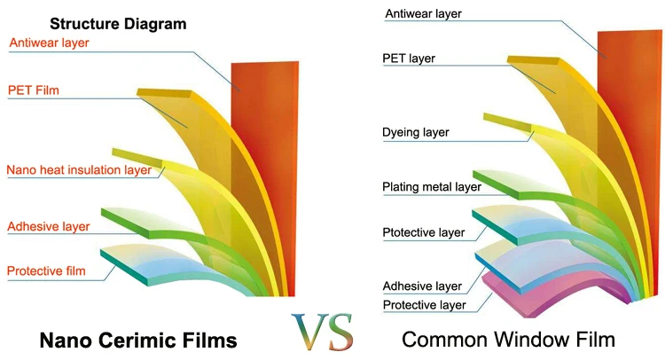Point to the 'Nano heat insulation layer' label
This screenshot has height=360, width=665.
(x=78, y=169)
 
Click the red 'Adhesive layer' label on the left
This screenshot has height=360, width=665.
(x=49, y=226)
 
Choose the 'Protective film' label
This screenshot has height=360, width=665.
(x=46, y=270)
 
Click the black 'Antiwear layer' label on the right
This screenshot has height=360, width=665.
(x=424, y=13)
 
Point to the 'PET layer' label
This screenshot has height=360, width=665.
(x=409, y=59)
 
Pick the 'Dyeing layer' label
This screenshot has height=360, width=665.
(x=416, y=132)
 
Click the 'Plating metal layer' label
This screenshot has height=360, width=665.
(x=432, y=187)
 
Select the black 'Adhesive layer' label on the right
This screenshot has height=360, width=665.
(x=422, y=286)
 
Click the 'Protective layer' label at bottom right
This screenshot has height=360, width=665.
(x=425, y=305)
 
